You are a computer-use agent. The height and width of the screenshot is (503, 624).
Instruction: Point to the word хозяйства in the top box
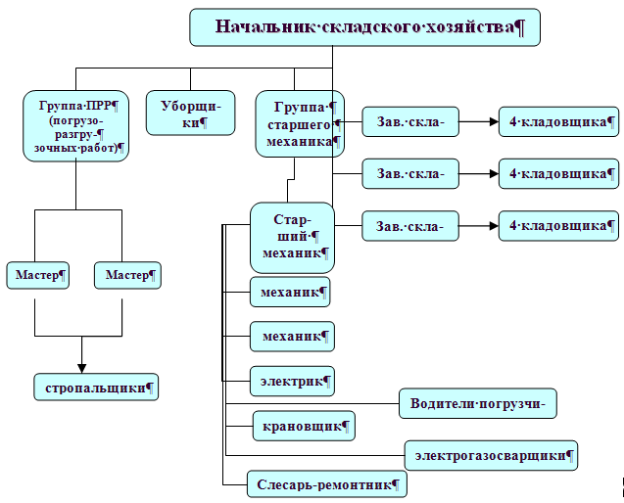click(x=465, y=26)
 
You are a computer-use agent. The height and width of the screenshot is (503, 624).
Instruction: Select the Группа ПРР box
click(x=76, y=125)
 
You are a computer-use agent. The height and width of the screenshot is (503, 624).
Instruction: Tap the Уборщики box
click(x=191, y=113)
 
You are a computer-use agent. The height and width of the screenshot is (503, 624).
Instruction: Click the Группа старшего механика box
click(x=298, y=124)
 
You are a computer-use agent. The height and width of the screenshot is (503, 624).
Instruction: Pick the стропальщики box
click(x=95, y=388)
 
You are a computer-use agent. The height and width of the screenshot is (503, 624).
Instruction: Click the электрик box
click(x=292, y=379)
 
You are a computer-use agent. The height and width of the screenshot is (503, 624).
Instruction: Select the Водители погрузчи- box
click(x=484, y=402)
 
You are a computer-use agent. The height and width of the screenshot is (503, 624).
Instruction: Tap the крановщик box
click(x=303, y=426)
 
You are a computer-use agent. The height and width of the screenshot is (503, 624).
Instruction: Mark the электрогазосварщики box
click(x=491, y=454)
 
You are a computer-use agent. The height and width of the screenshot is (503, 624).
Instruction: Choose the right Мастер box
click(x=127, y=275)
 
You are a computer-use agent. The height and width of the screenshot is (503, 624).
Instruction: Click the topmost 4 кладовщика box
click(x=558, y=121)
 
